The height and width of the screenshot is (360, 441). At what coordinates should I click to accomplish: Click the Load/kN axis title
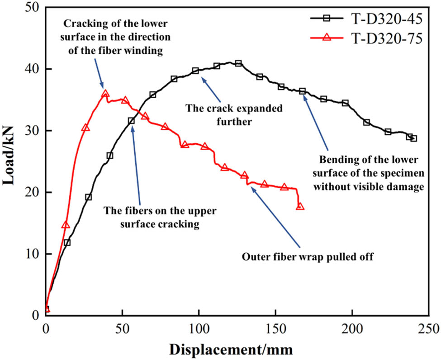pos(11,161)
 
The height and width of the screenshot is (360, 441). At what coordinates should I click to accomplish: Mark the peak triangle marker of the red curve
pos(105,94)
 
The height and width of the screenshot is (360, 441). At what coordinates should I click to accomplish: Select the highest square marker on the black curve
pos(238,63)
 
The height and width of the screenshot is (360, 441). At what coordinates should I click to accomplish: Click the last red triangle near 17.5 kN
pos(300,206)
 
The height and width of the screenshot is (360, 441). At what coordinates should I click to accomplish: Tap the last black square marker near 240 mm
pos(413,138)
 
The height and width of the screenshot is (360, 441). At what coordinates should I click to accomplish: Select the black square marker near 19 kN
pos(88,197)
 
